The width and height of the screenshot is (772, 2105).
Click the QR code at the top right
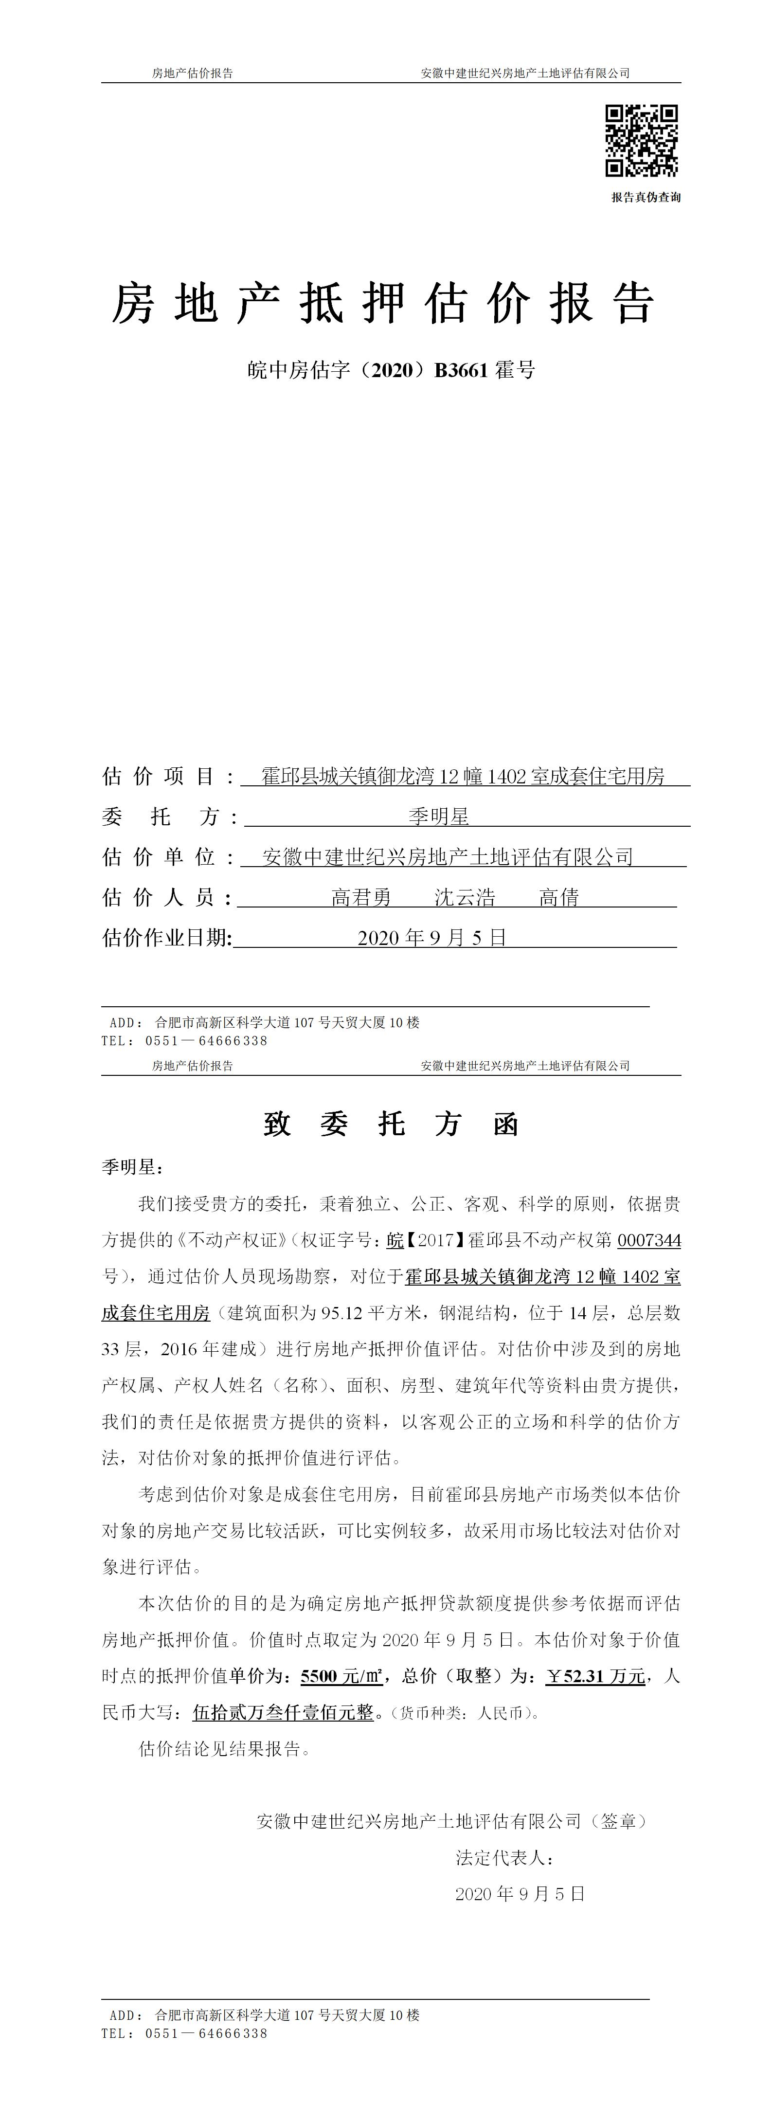pyautogui.click(x=641, y=141)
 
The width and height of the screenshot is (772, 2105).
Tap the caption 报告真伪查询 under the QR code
pyautogui.click(x=646, y=197)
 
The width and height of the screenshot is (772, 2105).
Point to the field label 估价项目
pyautogui.click(x=159, y=776)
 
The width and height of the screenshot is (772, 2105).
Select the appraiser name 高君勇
pyautogui.click(x=361, y=897)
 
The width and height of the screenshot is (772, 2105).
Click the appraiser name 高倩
pyautogui.click(x=559, y=897)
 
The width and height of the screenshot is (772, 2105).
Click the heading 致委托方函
pyautogui.click(x=391, y=1125)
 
